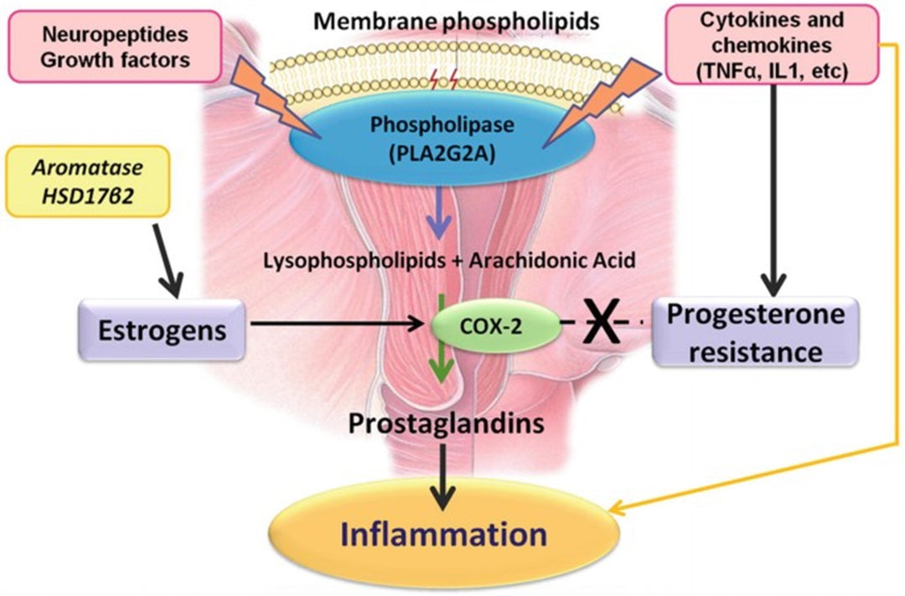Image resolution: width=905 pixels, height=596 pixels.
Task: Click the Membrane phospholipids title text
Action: point(457,18)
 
